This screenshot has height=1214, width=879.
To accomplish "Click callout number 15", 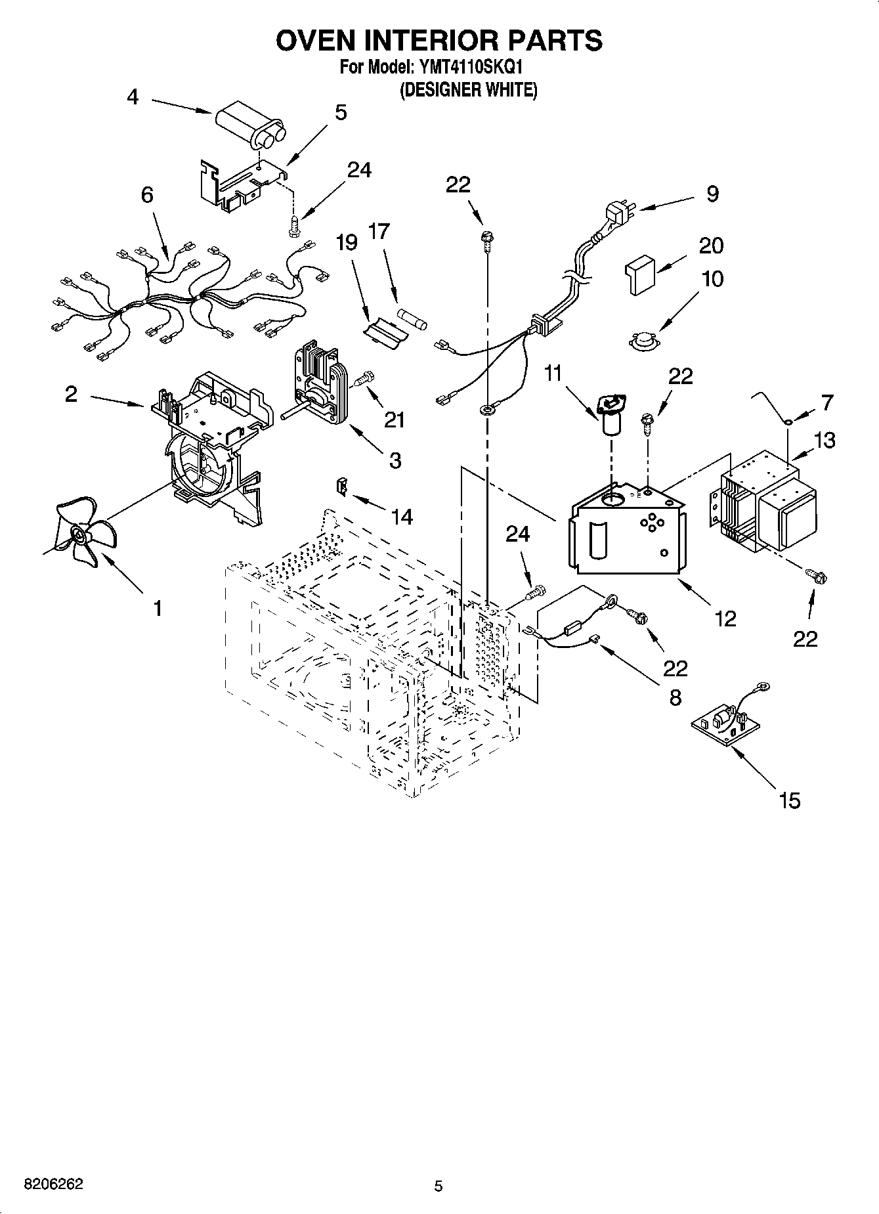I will point(789,800).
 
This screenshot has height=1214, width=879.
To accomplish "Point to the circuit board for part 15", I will point(726,722).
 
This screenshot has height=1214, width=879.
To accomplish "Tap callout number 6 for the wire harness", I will point(147,195).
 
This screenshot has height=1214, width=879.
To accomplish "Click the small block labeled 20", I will point(639,273).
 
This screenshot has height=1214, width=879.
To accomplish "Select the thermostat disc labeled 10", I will point(642,341).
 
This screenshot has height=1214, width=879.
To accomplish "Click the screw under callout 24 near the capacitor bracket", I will point(293,225).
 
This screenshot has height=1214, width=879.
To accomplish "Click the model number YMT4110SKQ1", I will point(468,67).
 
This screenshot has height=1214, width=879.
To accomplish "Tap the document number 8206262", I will point(53,1184).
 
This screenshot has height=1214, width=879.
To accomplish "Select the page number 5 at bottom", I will point(439,1186).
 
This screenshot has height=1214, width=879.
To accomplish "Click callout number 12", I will point(725,618).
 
